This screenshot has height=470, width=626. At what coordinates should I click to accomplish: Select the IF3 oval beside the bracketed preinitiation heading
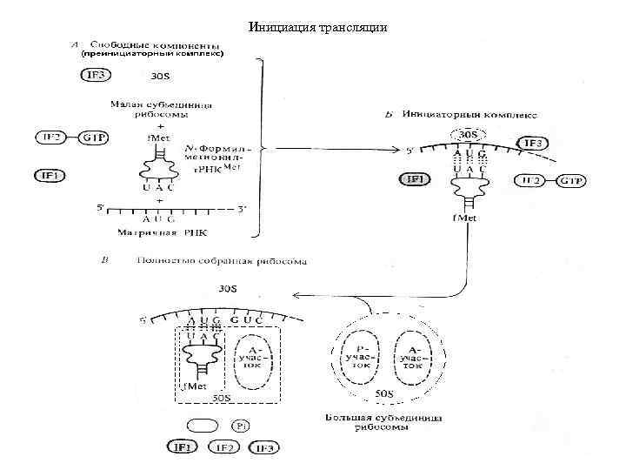[97, 75]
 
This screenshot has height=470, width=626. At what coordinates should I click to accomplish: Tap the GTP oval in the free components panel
[94, 138]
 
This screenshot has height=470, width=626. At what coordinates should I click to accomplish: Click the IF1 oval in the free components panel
[50, 175]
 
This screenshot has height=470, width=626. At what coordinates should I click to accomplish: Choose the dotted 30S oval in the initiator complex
[468, 135]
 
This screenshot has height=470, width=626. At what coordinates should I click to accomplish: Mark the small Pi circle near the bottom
[241, 426]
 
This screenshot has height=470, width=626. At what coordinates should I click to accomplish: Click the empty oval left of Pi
[201, 426]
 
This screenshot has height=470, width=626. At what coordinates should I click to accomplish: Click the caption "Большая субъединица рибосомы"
[383, 424]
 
